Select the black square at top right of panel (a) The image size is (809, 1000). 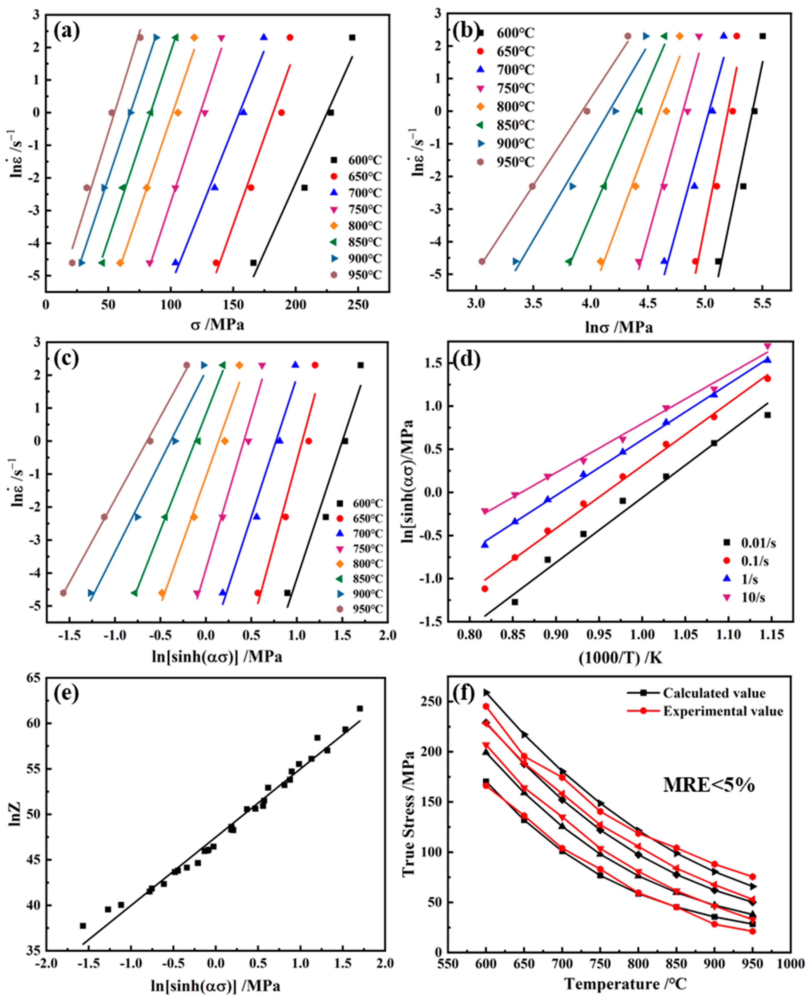pyautogui.click(x=352, y=37)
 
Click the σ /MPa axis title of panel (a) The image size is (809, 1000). pyautogui.click(x=217, y=325)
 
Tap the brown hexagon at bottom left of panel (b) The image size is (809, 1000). pyautogui.click(x=482, y=261)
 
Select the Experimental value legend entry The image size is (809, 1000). pyautogui.click(x=723, y=711)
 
